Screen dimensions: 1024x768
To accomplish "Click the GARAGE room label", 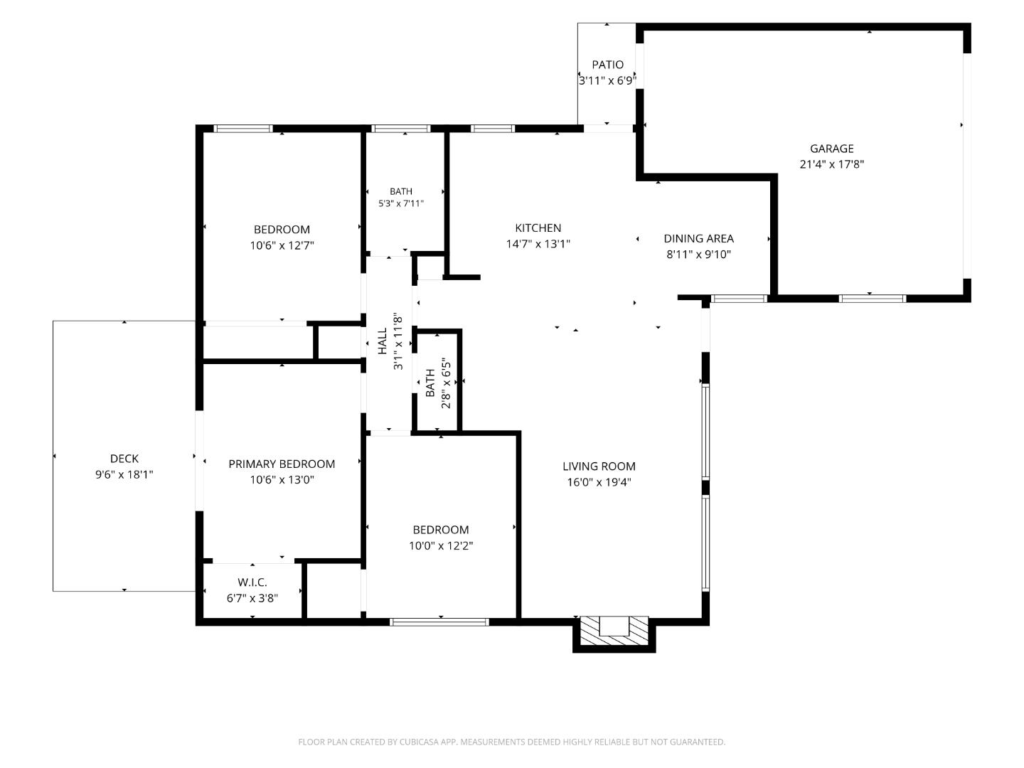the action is [831, 149].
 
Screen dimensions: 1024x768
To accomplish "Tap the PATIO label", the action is [607, 65].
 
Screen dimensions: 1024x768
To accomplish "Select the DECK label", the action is [124, 459].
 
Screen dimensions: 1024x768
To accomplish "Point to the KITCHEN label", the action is [538, 228].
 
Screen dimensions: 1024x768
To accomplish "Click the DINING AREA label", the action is [698, 239].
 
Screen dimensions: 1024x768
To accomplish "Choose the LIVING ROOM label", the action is [599, 466].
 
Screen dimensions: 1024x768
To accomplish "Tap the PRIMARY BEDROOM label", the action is [282, 464].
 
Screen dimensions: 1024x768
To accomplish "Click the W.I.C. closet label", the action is [252, 582].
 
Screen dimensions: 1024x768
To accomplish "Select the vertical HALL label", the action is [383, 341].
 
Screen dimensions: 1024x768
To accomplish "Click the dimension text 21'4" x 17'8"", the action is [832, 164].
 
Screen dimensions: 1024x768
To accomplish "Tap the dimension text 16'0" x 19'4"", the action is [599, 482].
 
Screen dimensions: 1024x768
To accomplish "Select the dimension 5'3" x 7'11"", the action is [401, 203].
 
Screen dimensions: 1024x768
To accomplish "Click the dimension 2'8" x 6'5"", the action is [446, 383].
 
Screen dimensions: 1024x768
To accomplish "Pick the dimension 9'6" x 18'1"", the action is [124, 475].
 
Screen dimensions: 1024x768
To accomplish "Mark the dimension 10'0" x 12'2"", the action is [441, 545].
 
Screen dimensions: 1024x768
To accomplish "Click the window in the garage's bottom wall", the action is [873, 299].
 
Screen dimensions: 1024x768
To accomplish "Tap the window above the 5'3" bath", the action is [401, 129].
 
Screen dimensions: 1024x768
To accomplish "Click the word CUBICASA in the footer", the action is [419, 742].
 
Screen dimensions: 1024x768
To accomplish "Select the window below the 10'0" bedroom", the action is [439, 622].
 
